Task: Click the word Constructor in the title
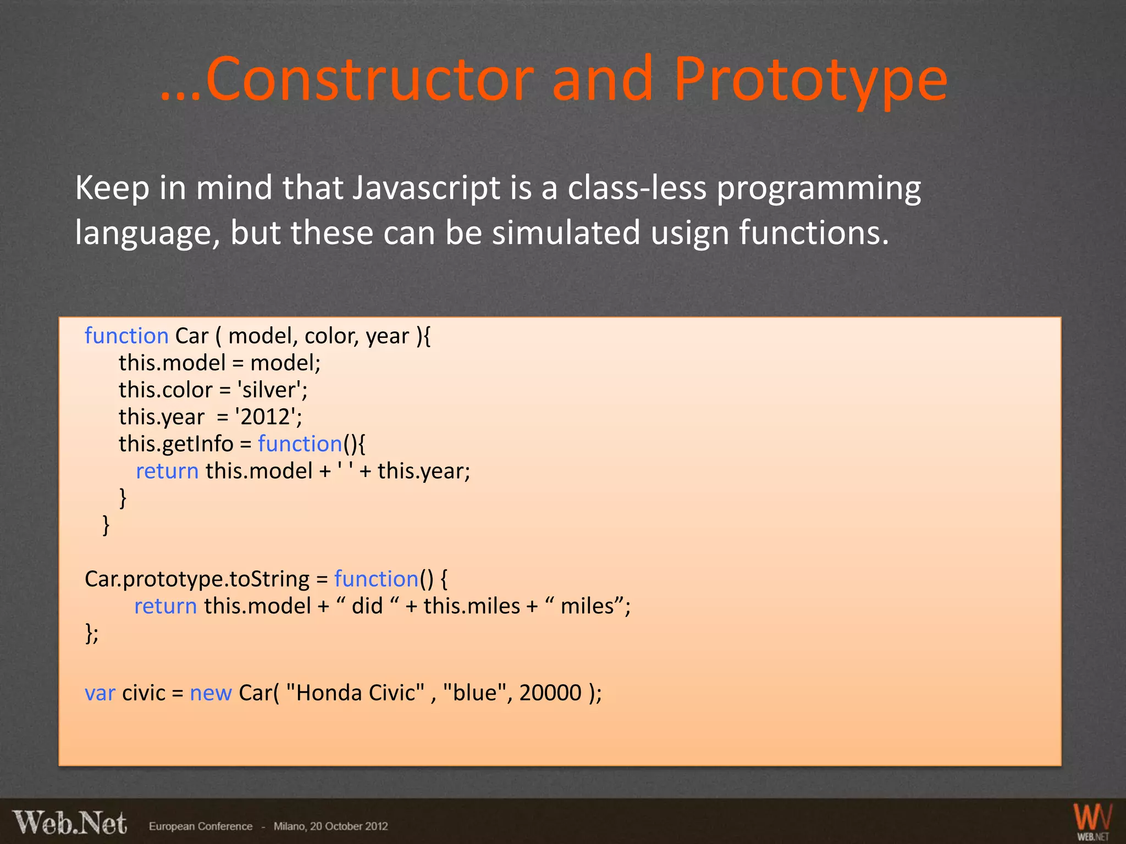click(x=369, y=80)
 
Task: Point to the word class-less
click(x=637, y=188)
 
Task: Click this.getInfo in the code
click(x=176, y=444)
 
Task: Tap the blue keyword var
click(x=100, y=693)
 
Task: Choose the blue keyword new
click(x=211, y=693)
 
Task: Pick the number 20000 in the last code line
click(x=550, y=693)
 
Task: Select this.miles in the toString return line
click(x=471, y=606)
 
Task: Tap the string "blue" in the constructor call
click(x=474, y=693)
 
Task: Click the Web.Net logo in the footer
click(x=70, y=824)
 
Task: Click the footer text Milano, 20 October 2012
click(x=330, y=826)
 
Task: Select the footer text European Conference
click(x=200, y=826)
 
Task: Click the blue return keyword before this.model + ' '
click(x=167, y=471)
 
